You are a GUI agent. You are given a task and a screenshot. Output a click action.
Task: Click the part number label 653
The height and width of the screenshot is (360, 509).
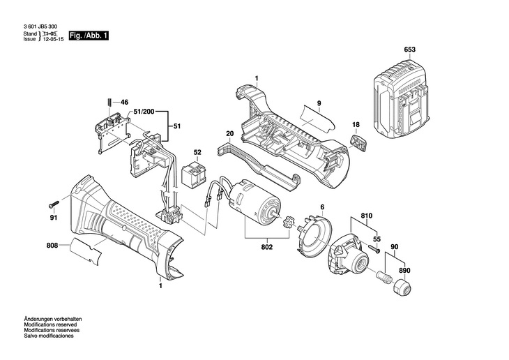tap(410, 50)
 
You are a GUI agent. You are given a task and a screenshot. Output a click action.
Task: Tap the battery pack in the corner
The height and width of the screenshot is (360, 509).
tap(402, 98)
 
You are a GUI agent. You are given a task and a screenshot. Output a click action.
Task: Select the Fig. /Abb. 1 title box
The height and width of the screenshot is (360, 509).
tap(89, 36)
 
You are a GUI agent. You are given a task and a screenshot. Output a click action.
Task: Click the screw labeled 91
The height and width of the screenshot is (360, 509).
tap(54, 204)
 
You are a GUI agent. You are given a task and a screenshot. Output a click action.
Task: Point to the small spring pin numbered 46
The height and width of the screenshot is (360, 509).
tap(110, 101)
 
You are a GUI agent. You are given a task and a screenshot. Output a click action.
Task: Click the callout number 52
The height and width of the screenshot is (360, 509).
tap(197, 152)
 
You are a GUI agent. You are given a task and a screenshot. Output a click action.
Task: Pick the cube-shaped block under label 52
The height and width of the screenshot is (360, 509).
tap(193, 175)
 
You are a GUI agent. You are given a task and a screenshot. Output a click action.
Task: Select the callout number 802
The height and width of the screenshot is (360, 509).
tap(267, 247)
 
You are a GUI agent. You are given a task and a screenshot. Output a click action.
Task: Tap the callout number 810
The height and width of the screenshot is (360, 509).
tap(367, 216)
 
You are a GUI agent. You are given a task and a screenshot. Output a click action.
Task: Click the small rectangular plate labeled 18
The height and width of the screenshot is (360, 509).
tap(358, 143)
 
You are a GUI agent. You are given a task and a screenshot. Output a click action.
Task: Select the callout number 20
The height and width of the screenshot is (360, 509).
tap(230, 133)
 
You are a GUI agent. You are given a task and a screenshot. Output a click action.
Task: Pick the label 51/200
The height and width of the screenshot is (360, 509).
tap(144, 112)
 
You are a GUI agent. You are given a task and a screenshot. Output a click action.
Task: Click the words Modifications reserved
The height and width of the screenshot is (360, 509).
tap(50, 324)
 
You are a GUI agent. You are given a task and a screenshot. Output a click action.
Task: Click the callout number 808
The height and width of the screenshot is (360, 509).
tap(52, 246)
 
